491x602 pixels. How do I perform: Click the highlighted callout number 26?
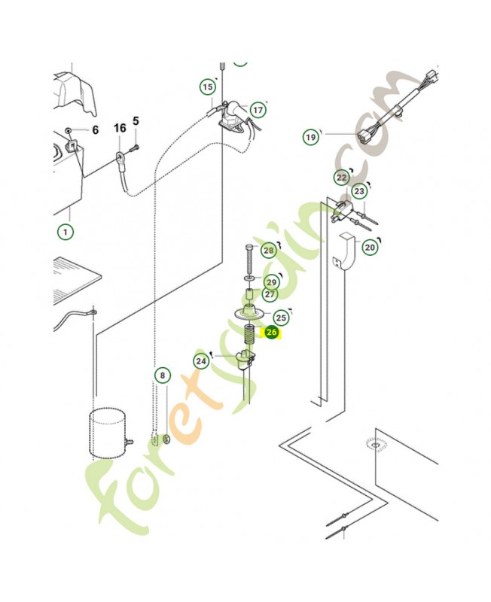[271, 332]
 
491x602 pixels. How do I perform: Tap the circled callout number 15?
[207, 87]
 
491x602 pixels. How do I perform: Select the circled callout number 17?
[258, 110]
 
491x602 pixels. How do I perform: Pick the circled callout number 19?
[311, 137]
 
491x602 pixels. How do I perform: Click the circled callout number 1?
[66, 232]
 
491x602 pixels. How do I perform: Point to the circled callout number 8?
[163, 375]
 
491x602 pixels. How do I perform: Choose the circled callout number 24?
[201, 361]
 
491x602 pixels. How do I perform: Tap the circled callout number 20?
[370, 248]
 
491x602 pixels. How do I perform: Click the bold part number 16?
[120, 128]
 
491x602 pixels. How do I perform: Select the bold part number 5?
[136, 121]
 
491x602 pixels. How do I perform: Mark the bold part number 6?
[96, 129]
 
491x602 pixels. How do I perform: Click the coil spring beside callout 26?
[250, 335]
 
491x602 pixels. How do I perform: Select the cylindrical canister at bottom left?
[107, 434]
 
